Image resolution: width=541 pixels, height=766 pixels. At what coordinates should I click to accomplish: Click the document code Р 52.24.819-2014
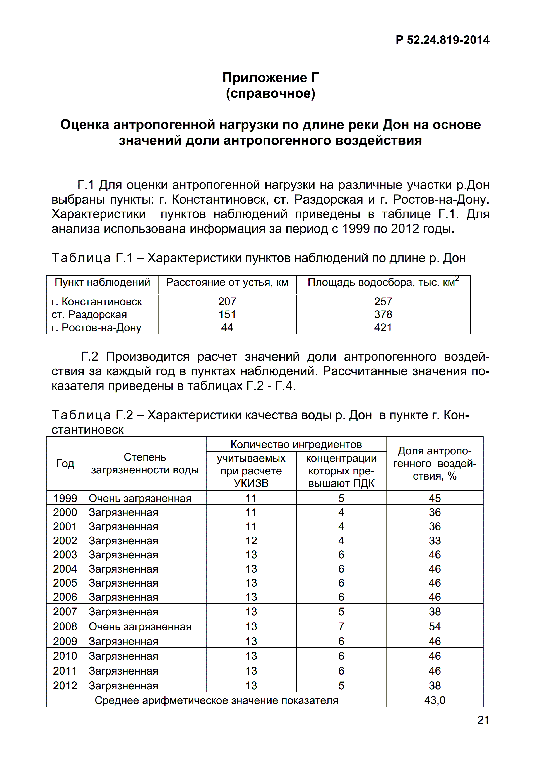[x=442, y=40]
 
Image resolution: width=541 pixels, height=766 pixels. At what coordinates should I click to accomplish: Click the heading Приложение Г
[x=270, y=78]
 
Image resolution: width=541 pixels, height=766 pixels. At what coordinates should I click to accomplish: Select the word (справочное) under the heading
[x=270, y=93]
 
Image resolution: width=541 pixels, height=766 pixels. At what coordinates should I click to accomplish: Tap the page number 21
[x=483, y=720]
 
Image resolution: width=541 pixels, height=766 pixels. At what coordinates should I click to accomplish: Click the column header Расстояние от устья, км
[x=227, y=283]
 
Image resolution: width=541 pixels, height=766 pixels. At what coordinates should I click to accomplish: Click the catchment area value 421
[x=383, y=328]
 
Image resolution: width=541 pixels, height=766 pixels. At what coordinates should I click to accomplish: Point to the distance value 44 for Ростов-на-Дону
[x=227, y=328]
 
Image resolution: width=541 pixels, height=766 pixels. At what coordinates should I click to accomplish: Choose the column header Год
[x=65, y=463]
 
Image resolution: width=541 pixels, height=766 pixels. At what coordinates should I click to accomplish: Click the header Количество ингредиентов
[x=296, y=444]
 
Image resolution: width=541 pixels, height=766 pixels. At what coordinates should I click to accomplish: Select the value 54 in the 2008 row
[x=435, y=626]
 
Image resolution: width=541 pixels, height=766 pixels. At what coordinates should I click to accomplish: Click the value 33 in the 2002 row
[x=435, y=540]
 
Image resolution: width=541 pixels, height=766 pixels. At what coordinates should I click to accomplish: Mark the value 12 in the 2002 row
[x=251, y=540]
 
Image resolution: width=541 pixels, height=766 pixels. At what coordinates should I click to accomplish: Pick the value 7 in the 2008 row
[x=341, y=626]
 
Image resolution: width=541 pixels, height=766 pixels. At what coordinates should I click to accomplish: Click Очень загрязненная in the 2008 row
[x=140, y=626]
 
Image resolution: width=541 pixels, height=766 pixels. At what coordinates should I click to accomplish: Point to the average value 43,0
[x=435, y=700]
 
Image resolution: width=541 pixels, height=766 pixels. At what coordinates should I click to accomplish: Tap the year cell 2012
[x=65, y=686]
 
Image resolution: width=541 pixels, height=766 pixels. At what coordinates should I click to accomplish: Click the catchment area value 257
[x=383, y=302]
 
